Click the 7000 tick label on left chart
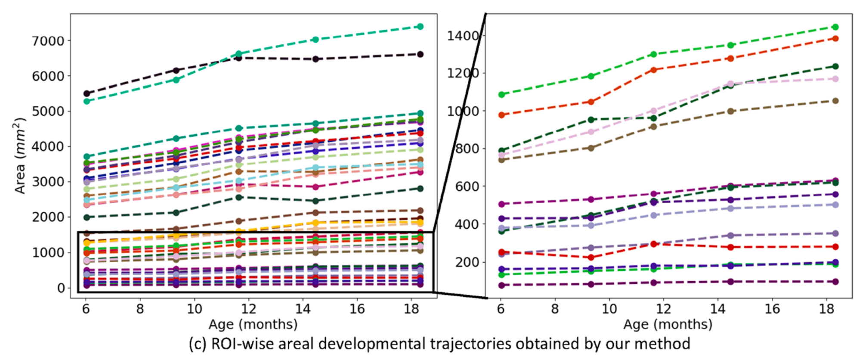click(x=48, y=41)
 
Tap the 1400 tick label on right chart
click(x=464, y=36)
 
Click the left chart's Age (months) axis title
click(x=253, y=324)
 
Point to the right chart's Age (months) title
click(x=668, y=324)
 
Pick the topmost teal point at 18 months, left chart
click(x=420, y=27)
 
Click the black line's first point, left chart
click(x=86, y=93)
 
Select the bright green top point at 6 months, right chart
click(x=501, y=94)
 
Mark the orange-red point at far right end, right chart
click(x=835, y=38)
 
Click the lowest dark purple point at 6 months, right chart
click(x=501, y=285)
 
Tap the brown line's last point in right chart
click(x=835, y=101)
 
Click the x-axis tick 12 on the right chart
click(x=663, y=309)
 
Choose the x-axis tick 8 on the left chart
click(x=140, y=309)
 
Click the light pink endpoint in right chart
click(x=835, y=79)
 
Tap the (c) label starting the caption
click(x=198, y=344)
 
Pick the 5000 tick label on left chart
click(x=48, y=111)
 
